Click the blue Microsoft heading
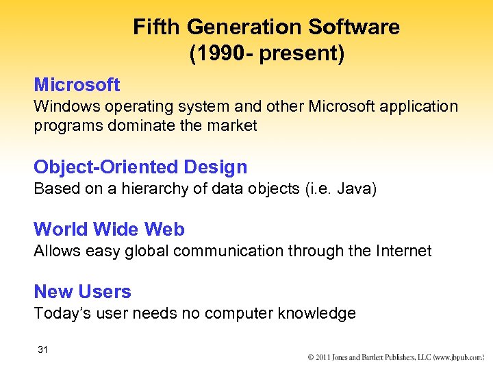(x=77, y=85)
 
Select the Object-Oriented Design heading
(x=140, y=167)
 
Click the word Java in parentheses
(x=355, y=189)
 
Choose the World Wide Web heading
(x=109, y=229)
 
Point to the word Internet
(x=402, y=251)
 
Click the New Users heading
(x=82, y=291)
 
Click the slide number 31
(x=43, y=350)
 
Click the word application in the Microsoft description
(x=418, y=107)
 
